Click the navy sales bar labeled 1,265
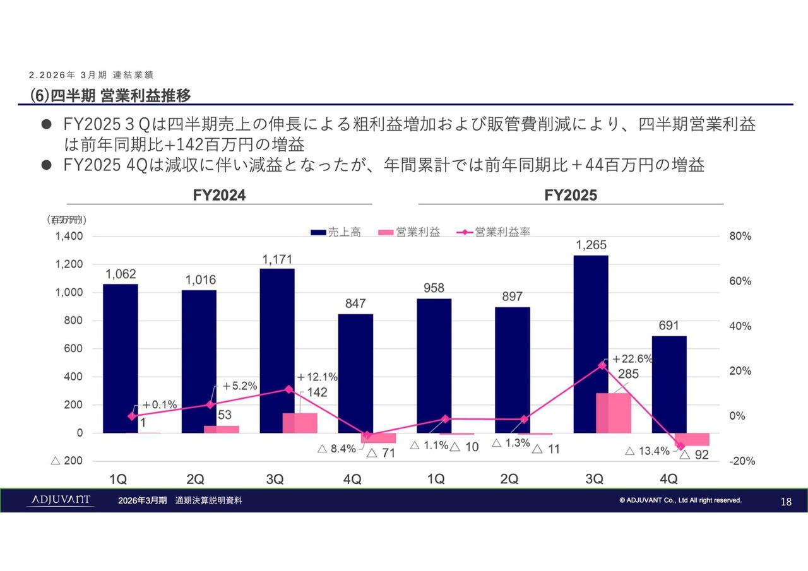(x=591, y=344)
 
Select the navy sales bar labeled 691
(x=669, y=384)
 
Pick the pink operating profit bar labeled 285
(x=614, y=413)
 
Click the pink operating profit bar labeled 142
(x=300, y=423)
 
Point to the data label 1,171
(x=276, y=259)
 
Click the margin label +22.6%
(x=632, y=359)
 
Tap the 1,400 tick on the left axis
(x=69, y=237)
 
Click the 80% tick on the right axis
(x=741, y=237)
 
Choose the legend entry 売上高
(x=336, y=232)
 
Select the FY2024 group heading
(x=219, y=196)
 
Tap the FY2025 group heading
(x=571, y=196)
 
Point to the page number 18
(x=786, y=502)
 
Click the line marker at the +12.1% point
(x=288, y=389)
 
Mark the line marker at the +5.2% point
(x=210, y=404)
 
